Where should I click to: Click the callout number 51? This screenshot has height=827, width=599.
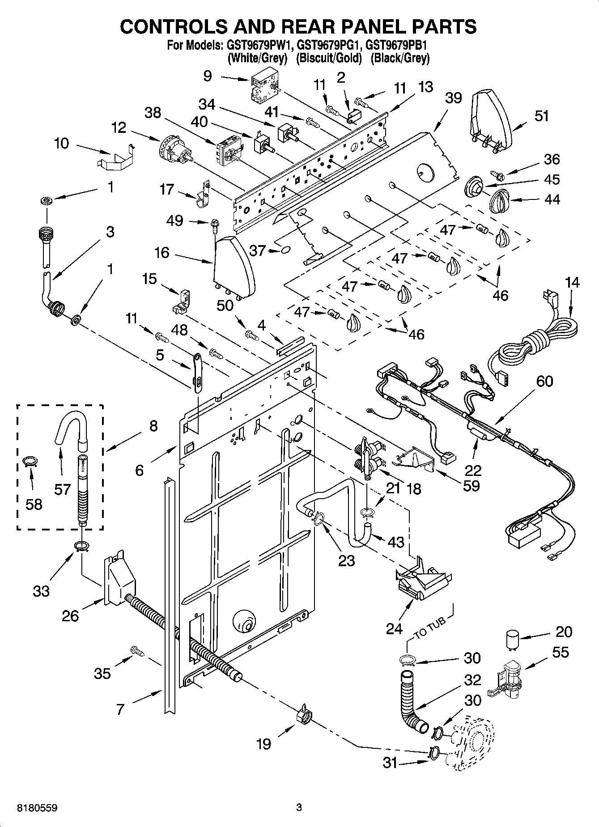tap(541, 116)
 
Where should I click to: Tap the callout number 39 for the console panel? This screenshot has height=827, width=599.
tap(453, 98)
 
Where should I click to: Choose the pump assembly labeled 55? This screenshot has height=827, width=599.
tap(506, 677)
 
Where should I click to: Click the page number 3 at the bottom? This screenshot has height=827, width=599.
tap(299, 808)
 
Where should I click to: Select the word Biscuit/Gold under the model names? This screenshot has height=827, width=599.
tap(329, 58)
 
